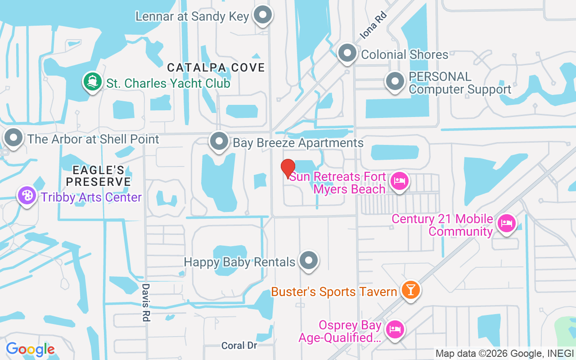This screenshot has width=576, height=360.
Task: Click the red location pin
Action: [x=288, y=168]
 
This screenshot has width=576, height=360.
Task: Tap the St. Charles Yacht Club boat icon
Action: [x=91, y=82]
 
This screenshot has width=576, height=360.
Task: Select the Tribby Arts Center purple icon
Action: [x=27, y=196]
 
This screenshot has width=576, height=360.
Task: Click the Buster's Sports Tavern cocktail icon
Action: [x=410, y=289]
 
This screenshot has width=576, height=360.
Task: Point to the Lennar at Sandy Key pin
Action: [x=262, y=15]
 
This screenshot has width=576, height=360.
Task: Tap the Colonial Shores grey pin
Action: [x=347, y=53]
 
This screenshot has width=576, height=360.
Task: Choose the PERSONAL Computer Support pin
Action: [x=395, y=81]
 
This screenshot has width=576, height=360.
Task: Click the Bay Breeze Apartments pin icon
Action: [x=219, y=141]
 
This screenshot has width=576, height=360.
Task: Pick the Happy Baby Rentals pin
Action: [x=308, y=260]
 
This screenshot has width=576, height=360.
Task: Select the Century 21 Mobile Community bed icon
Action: [x=506, y=223]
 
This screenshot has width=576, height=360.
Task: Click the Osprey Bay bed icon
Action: [x=395, y=329]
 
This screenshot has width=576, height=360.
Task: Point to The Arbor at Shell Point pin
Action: [x=13, y=138]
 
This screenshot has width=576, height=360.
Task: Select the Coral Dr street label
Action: [x=239, y=346]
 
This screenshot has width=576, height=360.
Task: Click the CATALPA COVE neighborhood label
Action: [x=216, y=67]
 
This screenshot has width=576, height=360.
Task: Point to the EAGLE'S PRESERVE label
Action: [x=99, y=175]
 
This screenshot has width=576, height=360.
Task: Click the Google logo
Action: [x=30, y=349]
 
